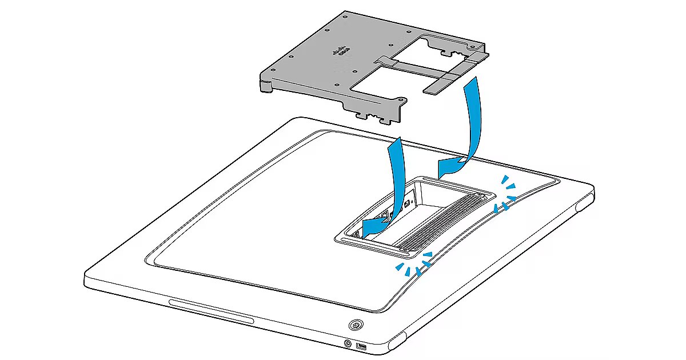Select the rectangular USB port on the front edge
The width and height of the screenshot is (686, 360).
[x=361, y=347]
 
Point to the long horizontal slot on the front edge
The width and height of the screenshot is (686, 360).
[x=211, y=311]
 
